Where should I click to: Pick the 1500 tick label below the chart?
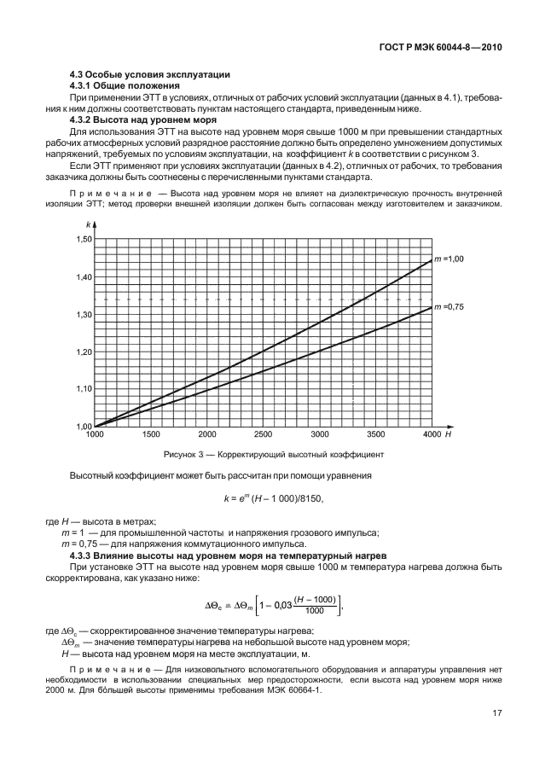pos(149,434)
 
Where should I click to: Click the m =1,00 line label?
pos(452,258)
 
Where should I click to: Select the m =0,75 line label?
pos(452,306)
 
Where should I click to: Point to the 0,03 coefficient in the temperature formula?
pos(275,607)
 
